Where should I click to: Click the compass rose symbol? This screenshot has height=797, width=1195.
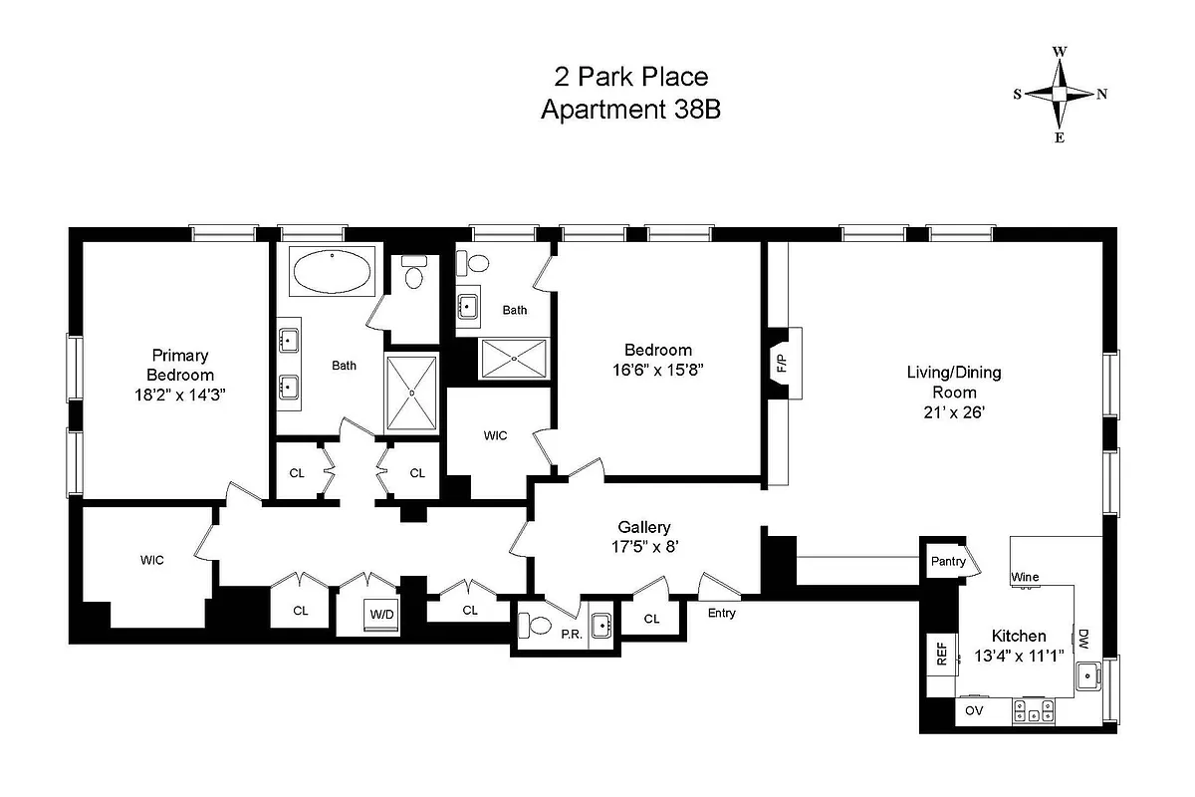click(x=1061, y=94)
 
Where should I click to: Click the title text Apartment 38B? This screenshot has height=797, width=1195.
click(x=629, y=110)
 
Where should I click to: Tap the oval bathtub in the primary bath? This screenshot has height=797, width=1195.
click(x=333, y=270)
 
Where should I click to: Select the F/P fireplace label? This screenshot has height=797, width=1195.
click(x=780, y=363)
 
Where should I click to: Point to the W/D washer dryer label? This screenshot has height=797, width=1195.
click(x=382, y=614)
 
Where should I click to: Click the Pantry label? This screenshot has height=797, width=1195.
click(x=948, y=561)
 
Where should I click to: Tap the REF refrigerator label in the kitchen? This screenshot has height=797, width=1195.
click(x=940, y=654)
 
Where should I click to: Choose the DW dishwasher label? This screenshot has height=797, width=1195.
click(x=1083, y=638)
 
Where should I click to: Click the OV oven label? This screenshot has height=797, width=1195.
click(x=973, y=711)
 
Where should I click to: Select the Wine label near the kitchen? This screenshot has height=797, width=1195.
click(x=1025, y=577)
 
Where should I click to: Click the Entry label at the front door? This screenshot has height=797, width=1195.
click(x=722, y=613)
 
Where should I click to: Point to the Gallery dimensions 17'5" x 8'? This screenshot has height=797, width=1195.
click(x=644, y=546)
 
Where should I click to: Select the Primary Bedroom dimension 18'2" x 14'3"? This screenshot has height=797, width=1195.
click(x=180, y=395)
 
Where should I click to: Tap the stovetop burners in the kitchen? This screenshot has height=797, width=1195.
click(x=1033, y=711)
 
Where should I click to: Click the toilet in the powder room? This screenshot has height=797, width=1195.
click(x=535, y=626)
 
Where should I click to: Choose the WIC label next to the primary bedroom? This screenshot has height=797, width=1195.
click(x=151, y=560)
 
